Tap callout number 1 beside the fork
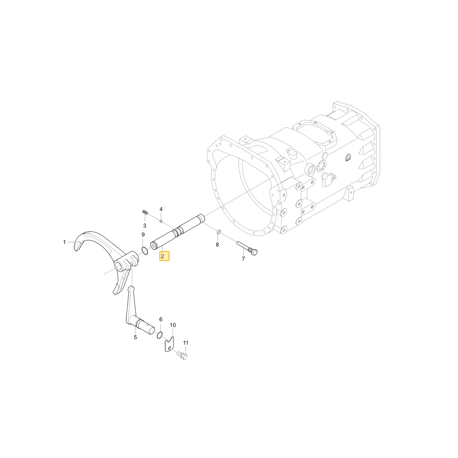click(65, 242)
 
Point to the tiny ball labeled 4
click(161, 221)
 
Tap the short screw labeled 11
click(182, 355)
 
